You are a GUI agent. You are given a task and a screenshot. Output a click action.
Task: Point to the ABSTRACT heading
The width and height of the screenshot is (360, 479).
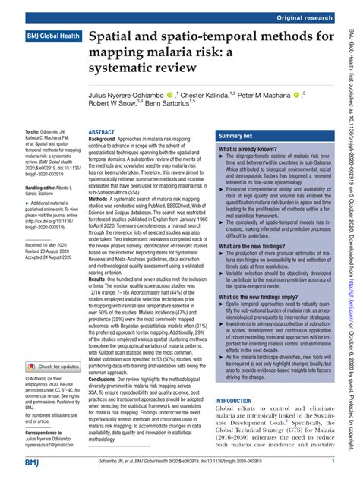[102, 132]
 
